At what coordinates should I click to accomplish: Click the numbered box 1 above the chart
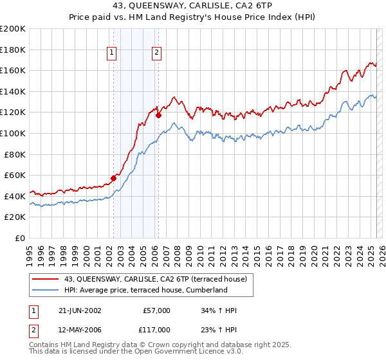point(112,53)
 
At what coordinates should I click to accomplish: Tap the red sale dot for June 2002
point(114,177)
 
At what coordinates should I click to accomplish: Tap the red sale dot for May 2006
point(158,116)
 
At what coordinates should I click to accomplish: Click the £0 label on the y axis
point(19,238)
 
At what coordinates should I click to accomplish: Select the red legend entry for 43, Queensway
point(150,278)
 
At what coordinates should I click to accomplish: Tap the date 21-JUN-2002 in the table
point(80,310)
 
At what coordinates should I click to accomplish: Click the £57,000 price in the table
point(156,310)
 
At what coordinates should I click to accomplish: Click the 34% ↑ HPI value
point(219,310)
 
